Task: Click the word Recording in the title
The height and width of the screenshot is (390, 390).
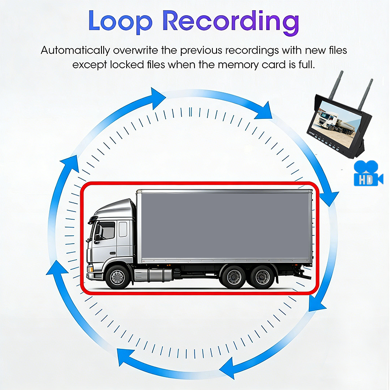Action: pos(232,22)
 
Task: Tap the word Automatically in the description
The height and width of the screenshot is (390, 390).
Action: pos(75,50)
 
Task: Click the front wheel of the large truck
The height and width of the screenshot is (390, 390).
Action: pos(117,277)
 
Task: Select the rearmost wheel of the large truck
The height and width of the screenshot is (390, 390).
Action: pos(263,277)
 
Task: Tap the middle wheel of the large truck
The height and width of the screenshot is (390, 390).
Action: pos(234,277)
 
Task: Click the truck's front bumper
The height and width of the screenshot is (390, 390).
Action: pos(95,275)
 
